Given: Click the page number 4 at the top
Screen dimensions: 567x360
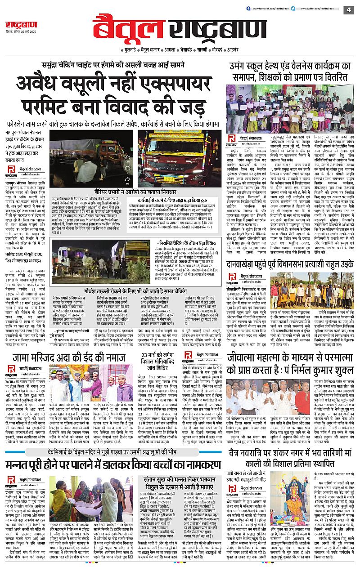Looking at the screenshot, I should click(x=348, y=9).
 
